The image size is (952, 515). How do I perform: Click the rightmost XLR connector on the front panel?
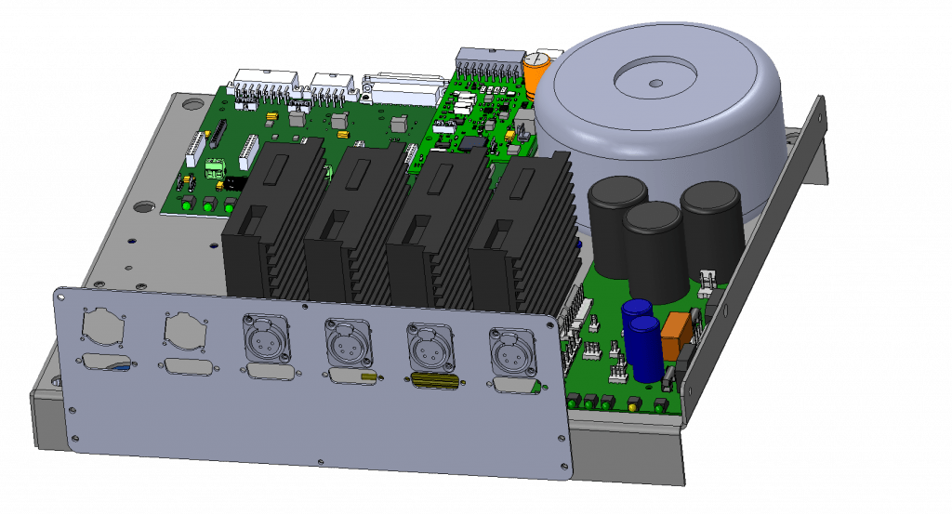pos(507,350)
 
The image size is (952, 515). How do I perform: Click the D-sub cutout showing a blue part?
pos(106,363)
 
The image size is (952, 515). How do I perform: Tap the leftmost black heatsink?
pos(265,223)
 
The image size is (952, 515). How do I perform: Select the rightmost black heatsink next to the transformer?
pos(521,232)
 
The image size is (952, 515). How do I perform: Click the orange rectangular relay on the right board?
pos(676,328)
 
